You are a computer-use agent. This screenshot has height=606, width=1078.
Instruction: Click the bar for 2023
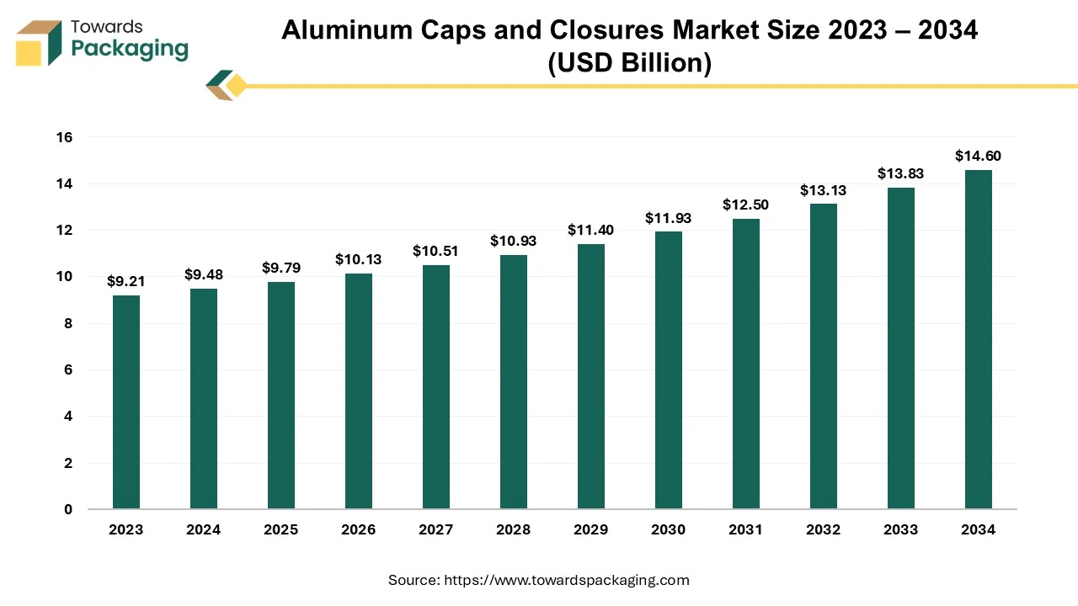(x=126, y=402)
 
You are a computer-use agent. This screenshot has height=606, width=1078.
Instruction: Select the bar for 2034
(x=979, y=339)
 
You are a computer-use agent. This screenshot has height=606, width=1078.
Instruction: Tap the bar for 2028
(x=514, y=382)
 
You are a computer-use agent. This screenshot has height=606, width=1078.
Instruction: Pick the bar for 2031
(x=746, y=364)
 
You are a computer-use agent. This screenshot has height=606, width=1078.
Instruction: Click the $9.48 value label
(x=204, y=274)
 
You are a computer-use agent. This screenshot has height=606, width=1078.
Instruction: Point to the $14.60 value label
(x=979, y=156)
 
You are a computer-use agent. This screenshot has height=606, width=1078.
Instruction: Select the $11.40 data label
(x=591, y=230)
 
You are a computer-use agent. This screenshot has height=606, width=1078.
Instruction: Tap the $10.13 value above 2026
(x=359, y=259)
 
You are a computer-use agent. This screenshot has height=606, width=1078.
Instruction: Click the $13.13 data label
(x=824, y=190)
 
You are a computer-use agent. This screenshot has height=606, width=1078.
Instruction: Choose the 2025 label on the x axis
(x=281, y=529)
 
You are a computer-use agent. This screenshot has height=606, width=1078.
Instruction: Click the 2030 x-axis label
(x=669, y=529)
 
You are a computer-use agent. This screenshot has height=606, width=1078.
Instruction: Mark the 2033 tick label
(x=901, y=529)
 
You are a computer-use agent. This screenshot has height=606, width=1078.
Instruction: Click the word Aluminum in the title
(x=340, y=30)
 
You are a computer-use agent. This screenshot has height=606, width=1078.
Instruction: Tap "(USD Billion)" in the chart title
(x=629, y=63)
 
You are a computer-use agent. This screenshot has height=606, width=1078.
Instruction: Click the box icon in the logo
(x=39, y=42)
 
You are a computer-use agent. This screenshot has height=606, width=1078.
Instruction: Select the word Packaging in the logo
(x=130, y=50)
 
